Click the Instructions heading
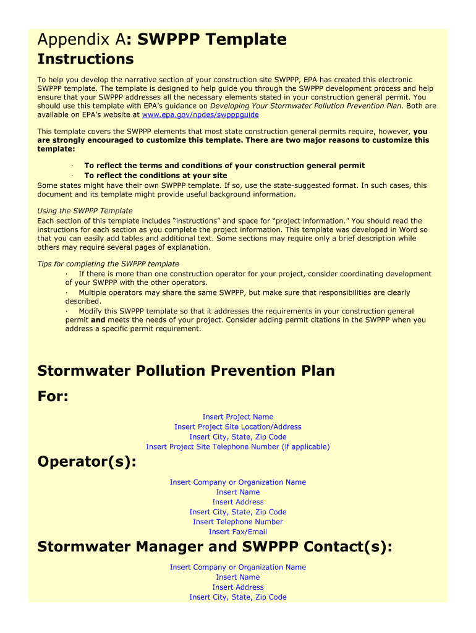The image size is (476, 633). tap(85, 59)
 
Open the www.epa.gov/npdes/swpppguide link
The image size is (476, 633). tap(200, 115)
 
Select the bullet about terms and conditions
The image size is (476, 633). tap(224, 166)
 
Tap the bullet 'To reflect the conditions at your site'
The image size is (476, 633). tap(155, 176)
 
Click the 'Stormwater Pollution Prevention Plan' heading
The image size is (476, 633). tap(186, 371)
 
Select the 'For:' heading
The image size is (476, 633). tap(53, 396)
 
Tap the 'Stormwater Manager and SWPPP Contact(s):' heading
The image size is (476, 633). tap(215, 547)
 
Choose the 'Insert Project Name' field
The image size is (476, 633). tap(238, 417)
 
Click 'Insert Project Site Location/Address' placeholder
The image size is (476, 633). tap(238, 427)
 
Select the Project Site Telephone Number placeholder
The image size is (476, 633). tap(238, 447)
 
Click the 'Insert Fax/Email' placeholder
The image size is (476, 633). tap(238, 532)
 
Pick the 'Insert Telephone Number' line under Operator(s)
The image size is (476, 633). tap(238, 522)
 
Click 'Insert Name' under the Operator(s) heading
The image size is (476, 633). tap(238, 492)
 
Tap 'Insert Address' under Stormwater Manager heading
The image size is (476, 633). tap(238, 587)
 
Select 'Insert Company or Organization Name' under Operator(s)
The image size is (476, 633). tap(238, 482)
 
